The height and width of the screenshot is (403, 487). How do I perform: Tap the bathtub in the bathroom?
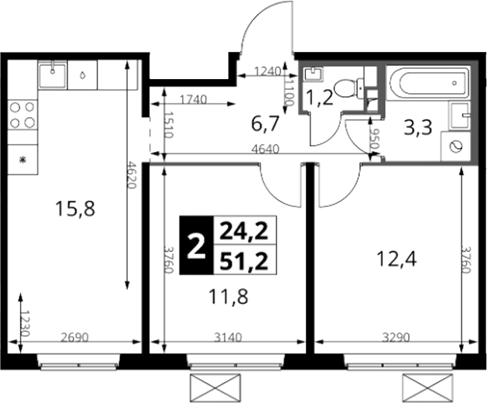(x=428, y=83)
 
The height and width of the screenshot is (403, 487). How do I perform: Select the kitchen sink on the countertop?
(x=53, y=75)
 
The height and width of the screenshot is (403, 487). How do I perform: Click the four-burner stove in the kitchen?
(x=22, y=115)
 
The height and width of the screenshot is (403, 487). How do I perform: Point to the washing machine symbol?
(x=455, y=146)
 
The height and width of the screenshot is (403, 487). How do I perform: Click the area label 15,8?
(x=74, y=208)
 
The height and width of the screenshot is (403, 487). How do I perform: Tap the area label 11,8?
(x=228, y=297)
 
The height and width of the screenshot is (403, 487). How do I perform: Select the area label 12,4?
(x=396, y=260)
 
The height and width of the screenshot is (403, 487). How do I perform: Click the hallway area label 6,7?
(x=264, y=123)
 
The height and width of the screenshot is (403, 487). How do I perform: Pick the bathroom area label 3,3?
(x=418, y=128)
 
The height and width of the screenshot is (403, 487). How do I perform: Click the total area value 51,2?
(x=244, y=260)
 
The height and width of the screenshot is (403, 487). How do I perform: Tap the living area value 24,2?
(x=244, y=231)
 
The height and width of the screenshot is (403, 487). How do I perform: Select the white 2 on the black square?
(x=197, y=246)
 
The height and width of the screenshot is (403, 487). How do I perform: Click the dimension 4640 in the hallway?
(x=266, y=150)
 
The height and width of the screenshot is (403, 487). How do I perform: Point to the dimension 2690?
(x=74, y=337)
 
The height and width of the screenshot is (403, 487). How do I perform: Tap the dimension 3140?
(x=228, y=337)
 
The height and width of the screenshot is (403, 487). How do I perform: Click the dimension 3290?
(x=396, y=337)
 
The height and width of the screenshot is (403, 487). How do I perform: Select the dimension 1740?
(x=194, y=100)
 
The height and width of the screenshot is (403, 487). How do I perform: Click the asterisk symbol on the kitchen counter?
(x=22, y=160)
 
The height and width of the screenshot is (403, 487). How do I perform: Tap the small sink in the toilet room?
(x=313, y=74)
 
